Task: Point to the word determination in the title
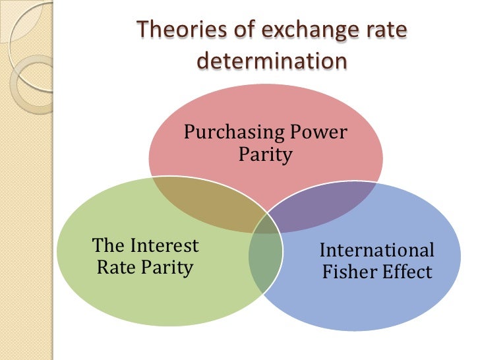coord(272,61)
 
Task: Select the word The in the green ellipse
coord(108,247)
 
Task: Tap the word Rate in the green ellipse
coord(113,268)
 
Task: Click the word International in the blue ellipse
coord(376,251)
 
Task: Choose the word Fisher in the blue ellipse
coord(349,272)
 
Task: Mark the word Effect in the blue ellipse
coord(407,272)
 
